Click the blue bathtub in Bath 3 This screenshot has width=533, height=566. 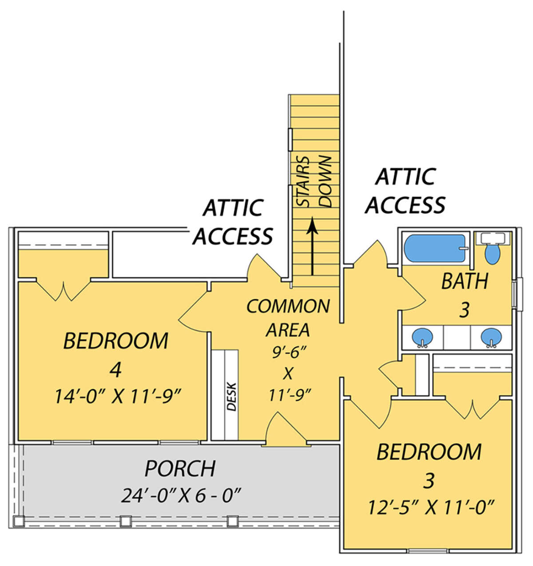click(x=435, y=248)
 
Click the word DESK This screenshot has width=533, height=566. click(x=231, y=396)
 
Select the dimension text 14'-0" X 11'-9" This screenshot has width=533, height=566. click(x=118, y=396)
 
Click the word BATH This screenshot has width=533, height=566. click(x=465, y=281)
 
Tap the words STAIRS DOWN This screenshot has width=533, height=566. click(x=314, y=182)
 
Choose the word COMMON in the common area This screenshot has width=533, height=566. click(x=288, y=306)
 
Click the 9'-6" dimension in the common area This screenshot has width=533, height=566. click(x=288, y=353)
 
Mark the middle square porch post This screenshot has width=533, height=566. click(x=125, y=521)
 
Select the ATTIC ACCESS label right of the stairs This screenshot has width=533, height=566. click(x=405, y=191)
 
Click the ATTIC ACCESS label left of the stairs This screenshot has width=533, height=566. click(x=233, y=222)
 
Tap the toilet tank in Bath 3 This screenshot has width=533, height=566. click(x=493, y=238)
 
